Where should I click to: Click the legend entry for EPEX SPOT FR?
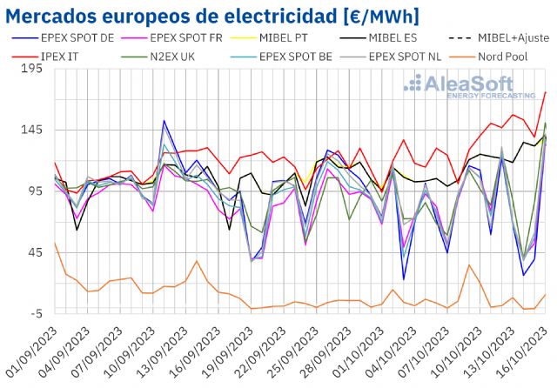[x=187, y=37]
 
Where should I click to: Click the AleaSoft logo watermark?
[x=470, y=86]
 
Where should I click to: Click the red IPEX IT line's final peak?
[x=545, y=93]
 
